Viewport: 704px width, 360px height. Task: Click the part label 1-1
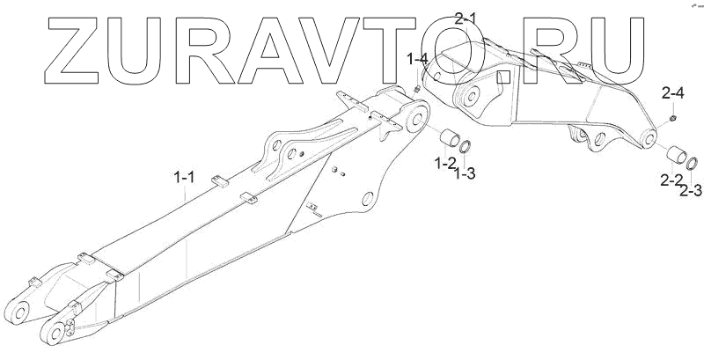pos(184,179)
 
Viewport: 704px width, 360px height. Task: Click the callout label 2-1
pos(491,18)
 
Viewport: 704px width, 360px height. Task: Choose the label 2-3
pos(691,189)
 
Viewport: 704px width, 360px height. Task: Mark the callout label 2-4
pos(673,90)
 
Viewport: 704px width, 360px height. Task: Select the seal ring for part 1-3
pos(470,149)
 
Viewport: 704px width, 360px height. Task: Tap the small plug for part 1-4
pos(415,88)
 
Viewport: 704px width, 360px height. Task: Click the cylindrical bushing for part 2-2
pos(678,154)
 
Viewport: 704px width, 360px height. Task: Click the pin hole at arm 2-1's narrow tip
pos(649,136)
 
